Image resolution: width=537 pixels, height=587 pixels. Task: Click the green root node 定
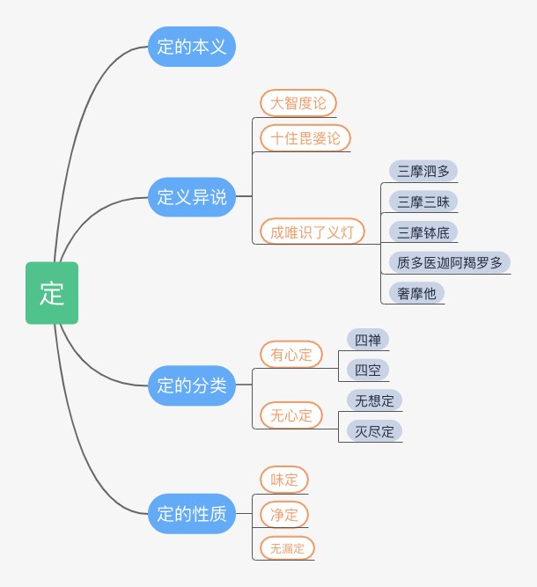click(x=52, y=293)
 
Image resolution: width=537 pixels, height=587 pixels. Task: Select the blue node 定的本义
click(x=192, y=47)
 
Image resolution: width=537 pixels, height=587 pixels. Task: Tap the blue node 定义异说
click(x=192, y=197)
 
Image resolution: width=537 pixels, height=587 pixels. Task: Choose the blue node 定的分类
click(x=192, y=385)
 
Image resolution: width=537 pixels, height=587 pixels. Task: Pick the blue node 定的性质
click(x=192, y=514)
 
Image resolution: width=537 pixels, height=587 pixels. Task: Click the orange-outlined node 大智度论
click(x=298, y=103)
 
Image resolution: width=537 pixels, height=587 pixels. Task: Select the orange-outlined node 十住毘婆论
click(x=305, y=138)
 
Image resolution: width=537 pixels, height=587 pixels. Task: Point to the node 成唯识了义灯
click(x=313, y=231)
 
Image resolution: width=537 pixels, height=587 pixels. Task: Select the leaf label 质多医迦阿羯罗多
click(x=450, y=262)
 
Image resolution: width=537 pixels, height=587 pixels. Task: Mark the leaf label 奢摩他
click(x=417, y=292)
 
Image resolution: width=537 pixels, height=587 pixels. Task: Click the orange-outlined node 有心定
click(x=291, y=354)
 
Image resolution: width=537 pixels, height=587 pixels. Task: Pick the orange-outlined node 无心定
click(x=291, y=415)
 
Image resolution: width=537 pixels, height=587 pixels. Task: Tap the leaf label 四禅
click(x=368, y=339)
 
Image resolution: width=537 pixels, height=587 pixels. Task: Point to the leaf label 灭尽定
click(x=374, y=430)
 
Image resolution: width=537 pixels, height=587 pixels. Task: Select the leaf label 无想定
click(x=374, y=400)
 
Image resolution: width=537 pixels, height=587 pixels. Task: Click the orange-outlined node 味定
click(x=284, y=480)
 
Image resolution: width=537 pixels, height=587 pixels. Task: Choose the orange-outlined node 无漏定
click(x=287, y=548)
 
